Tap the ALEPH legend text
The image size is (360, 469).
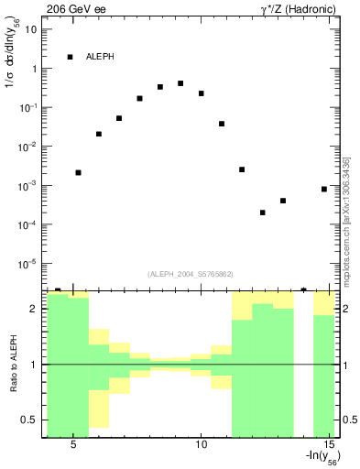pos(101,57)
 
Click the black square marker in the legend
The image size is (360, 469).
pos(71,57)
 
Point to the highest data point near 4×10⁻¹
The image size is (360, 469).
pos(180,83)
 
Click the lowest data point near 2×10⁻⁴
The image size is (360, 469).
pos(263,213)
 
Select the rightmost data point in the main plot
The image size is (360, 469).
pos(324,189)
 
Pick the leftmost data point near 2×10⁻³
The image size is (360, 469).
pos(79,172)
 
